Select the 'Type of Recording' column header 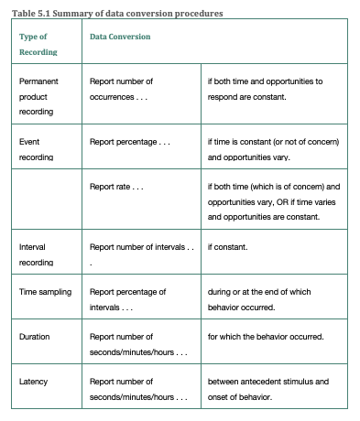(x=36, y=44)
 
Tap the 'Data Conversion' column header (x=121, y=37)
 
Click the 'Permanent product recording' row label (x=38, y=95)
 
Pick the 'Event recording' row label (x=36, y=149)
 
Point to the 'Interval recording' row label (x=36, y=254)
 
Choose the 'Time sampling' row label (x=46, y=291)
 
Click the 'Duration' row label (x=35, y=337)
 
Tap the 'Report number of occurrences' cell (x=121, y=88)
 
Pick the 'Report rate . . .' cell (x=116, y=187)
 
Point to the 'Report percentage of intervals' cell (x=127, y=298)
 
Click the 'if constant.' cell (x=229, y=247)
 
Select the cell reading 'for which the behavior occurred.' (x=266, y=337)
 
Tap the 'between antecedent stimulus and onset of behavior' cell (x=267, y=388)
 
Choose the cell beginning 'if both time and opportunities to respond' (x=266, y=88)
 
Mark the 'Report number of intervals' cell (x=141, y=247)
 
